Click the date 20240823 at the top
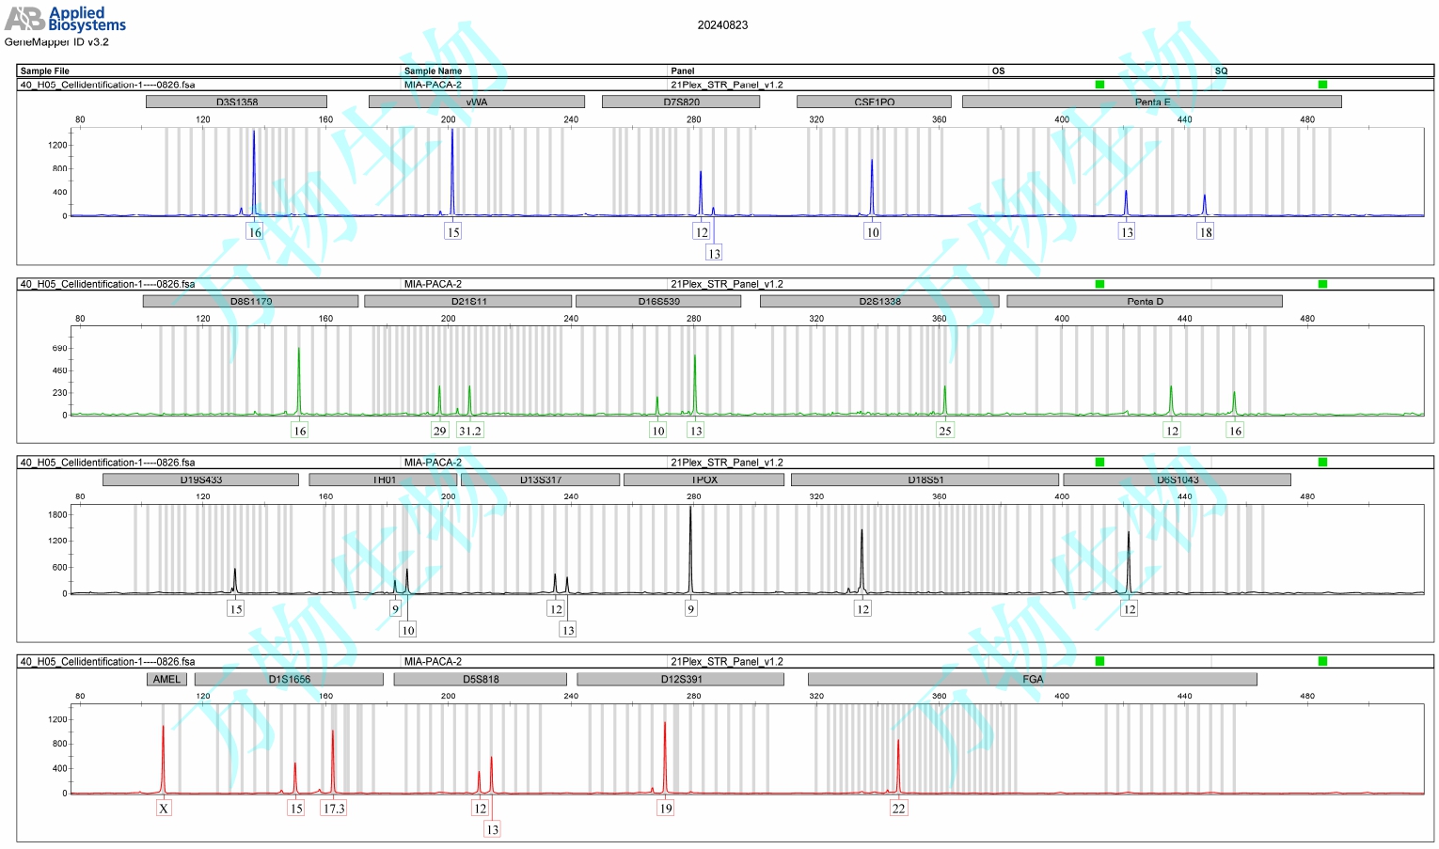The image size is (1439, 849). click(722, 25)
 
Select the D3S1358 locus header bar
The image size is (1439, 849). click(236, 102)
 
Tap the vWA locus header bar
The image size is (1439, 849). click(476, 102)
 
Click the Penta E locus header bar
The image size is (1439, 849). click(1151, 102)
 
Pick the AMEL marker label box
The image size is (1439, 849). click(166, 679)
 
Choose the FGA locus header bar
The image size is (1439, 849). click(1032, 679)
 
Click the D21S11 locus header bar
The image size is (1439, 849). click(467, 301)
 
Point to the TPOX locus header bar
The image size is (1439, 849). click(704, 480)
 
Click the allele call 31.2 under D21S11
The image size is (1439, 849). click(469, 431)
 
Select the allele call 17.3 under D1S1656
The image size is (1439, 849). click(334, 809)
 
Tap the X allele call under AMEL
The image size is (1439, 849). click(164, 809)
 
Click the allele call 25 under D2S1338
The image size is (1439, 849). click(944, 431)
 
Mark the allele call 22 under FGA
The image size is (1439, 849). click(898, 809)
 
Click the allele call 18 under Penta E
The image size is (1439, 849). click(1205, 232)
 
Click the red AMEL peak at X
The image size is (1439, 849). click(163, 752)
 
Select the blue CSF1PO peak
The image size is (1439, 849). click(872, 183)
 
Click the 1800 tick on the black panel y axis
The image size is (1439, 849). click(57, 514)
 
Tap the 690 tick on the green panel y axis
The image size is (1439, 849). click(59, 348)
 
